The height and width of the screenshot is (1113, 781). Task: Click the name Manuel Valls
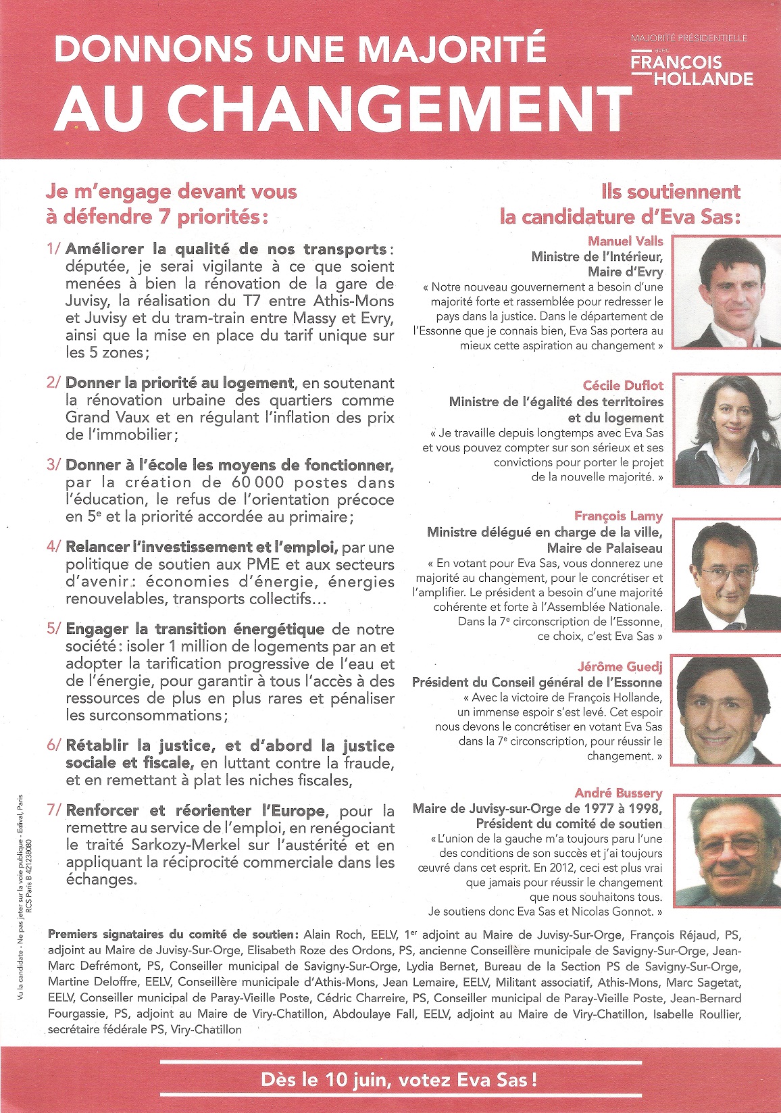coord(625,241)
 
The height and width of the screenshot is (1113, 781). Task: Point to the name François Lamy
coord(618,516)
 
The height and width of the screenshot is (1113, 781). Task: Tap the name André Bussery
coord(618,793)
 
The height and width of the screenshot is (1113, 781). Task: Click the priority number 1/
coord(54,249)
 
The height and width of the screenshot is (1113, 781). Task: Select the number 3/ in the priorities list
coord(54,465)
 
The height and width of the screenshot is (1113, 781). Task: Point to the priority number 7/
coord(54,810)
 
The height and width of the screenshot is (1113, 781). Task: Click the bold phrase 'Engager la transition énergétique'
coord(195,629)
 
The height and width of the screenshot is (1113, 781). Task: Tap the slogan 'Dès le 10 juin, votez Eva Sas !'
coord(399,1080)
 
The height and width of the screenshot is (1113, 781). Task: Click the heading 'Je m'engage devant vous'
coord(172,191)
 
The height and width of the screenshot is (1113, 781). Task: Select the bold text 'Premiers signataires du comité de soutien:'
coord(173,935)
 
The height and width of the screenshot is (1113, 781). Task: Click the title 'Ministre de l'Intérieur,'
coord(597,257)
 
